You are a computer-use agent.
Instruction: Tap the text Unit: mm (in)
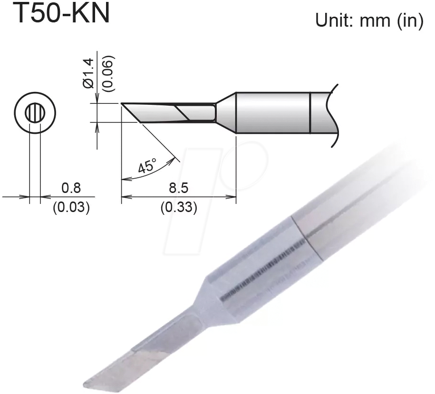pos(369,20)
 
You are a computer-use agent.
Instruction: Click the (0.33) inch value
pos(178,208)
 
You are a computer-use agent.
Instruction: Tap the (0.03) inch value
pos(71,208)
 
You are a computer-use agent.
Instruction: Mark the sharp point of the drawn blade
pos(122,103)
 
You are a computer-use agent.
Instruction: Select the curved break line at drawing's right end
pos(334,114)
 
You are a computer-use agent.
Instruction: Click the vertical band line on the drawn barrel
pos(310,112)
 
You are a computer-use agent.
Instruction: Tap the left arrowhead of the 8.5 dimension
pos(125,196)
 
